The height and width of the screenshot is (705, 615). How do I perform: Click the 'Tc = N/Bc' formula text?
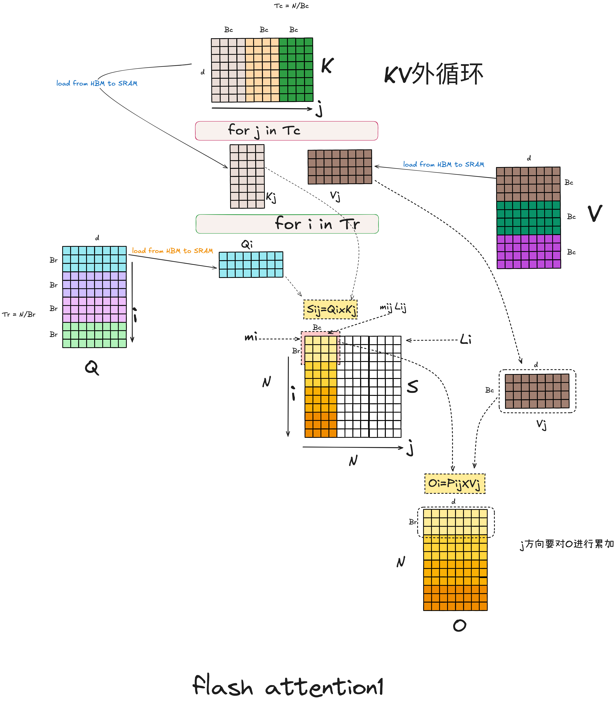291,6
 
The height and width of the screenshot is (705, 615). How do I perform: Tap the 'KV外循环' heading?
433,74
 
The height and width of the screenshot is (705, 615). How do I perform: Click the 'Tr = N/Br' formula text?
19,314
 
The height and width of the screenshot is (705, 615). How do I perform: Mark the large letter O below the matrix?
460,625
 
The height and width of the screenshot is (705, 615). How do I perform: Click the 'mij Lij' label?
393,307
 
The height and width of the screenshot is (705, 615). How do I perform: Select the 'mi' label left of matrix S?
251,338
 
